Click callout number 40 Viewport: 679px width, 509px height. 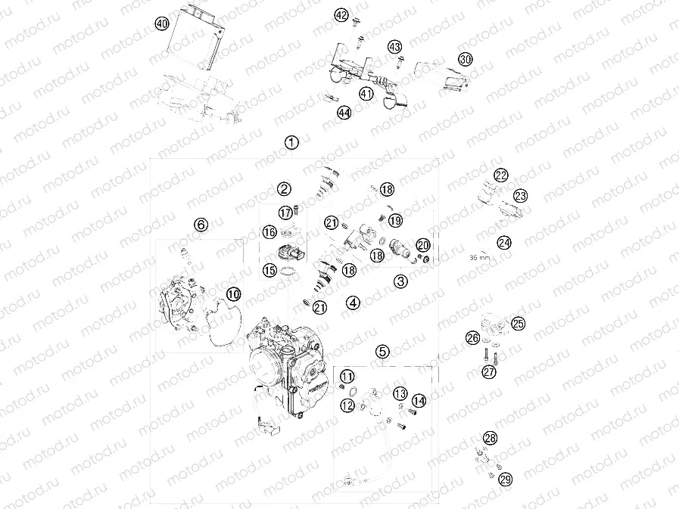click(x=161, y=23)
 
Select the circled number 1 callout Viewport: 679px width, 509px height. click(x=291, y=142)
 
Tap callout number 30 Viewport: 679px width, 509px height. click(x=466, y=59)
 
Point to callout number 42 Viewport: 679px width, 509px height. click(x=341, y=15)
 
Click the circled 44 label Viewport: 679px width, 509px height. click(x=344, y=113)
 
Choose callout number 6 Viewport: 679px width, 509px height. click(x=201, y=225)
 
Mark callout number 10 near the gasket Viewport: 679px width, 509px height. click(x=233, y=293)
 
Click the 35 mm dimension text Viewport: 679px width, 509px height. click(x=480, y=256)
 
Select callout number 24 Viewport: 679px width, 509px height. click(x=503, y=243)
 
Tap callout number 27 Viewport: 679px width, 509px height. click(x=489, y=371)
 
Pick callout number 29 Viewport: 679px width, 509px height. click(x=506, y=479)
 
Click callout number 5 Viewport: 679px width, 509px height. click(x=383, y=351)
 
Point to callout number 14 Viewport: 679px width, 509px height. click(x=419, y=402)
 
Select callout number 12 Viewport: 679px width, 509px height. click(x=347, y=406)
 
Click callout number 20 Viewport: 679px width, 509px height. click(x=423, y=245)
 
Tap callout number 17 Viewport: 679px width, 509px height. click(x=285, y=213)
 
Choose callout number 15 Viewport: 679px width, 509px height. click(x=269, y=270)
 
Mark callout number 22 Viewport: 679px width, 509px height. click(x=500, y=175)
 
